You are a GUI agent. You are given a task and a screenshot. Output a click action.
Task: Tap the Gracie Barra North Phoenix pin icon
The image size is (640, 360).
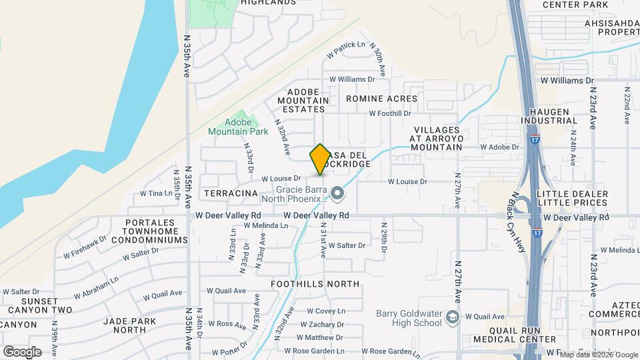(x=337, y=194)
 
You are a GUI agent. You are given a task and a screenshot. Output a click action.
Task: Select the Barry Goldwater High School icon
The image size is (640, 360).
(x=453, y=317)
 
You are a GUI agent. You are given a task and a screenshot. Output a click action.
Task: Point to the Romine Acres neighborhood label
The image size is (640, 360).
(x=382, y=99)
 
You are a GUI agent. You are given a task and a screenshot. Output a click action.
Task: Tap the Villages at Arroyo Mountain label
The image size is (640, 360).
(x=437, y=138)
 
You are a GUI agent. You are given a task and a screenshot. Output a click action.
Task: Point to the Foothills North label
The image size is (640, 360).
(x=315, y=284)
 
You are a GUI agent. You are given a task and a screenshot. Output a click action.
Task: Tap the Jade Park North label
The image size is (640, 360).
(x=125, y=325)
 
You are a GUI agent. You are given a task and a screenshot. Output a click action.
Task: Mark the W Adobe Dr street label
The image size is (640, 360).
(x=499, y=147)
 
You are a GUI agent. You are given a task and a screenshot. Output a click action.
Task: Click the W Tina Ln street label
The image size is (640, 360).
(x=156, y=193)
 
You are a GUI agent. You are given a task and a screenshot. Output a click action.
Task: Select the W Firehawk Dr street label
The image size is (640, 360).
(x=85, y=247)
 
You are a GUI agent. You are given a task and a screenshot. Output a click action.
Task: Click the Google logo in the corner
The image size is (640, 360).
(x=22, y=352)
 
